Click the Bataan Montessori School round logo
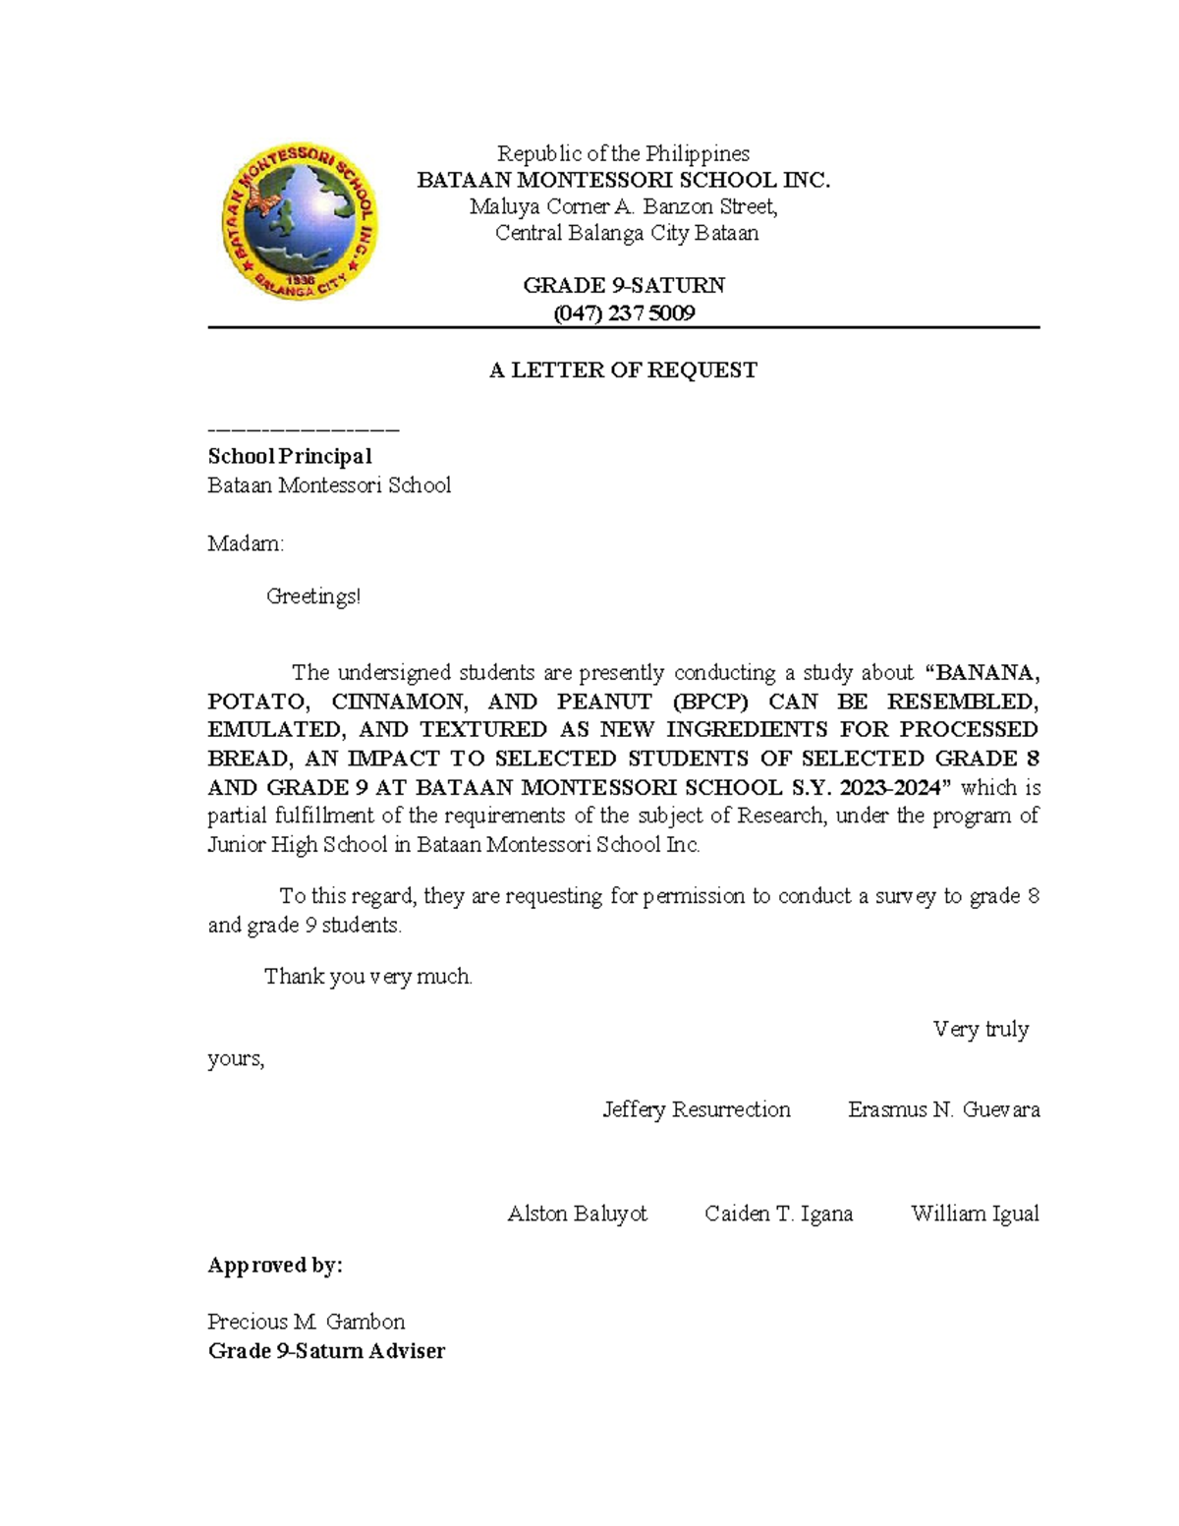coord(299,221)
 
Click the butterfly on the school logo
coord(262,200)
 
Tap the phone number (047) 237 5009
coord(624,313)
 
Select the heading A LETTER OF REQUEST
coord(623,370)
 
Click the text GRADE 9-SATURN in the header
coord(624,286)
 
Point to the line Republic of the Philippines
coord(623,153)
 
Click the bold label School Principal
coord(289,456)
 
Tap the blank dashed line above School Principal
coord(303,430)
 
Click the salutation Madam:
coord(246,543)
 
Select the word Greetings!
coord(313,596)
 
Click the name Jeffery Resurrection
coord(697,1109)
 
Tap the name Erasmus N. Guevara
coord(943,1109)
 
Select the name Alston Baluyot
coord(577,1214)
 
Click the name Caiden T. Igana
coord(778,1214)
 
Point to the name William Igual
coord(975,1214)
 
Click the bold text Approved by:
coord(275,1266)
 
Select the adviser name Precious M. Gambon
coord(307,1322)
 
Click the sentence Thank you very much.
coord(368,977)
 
